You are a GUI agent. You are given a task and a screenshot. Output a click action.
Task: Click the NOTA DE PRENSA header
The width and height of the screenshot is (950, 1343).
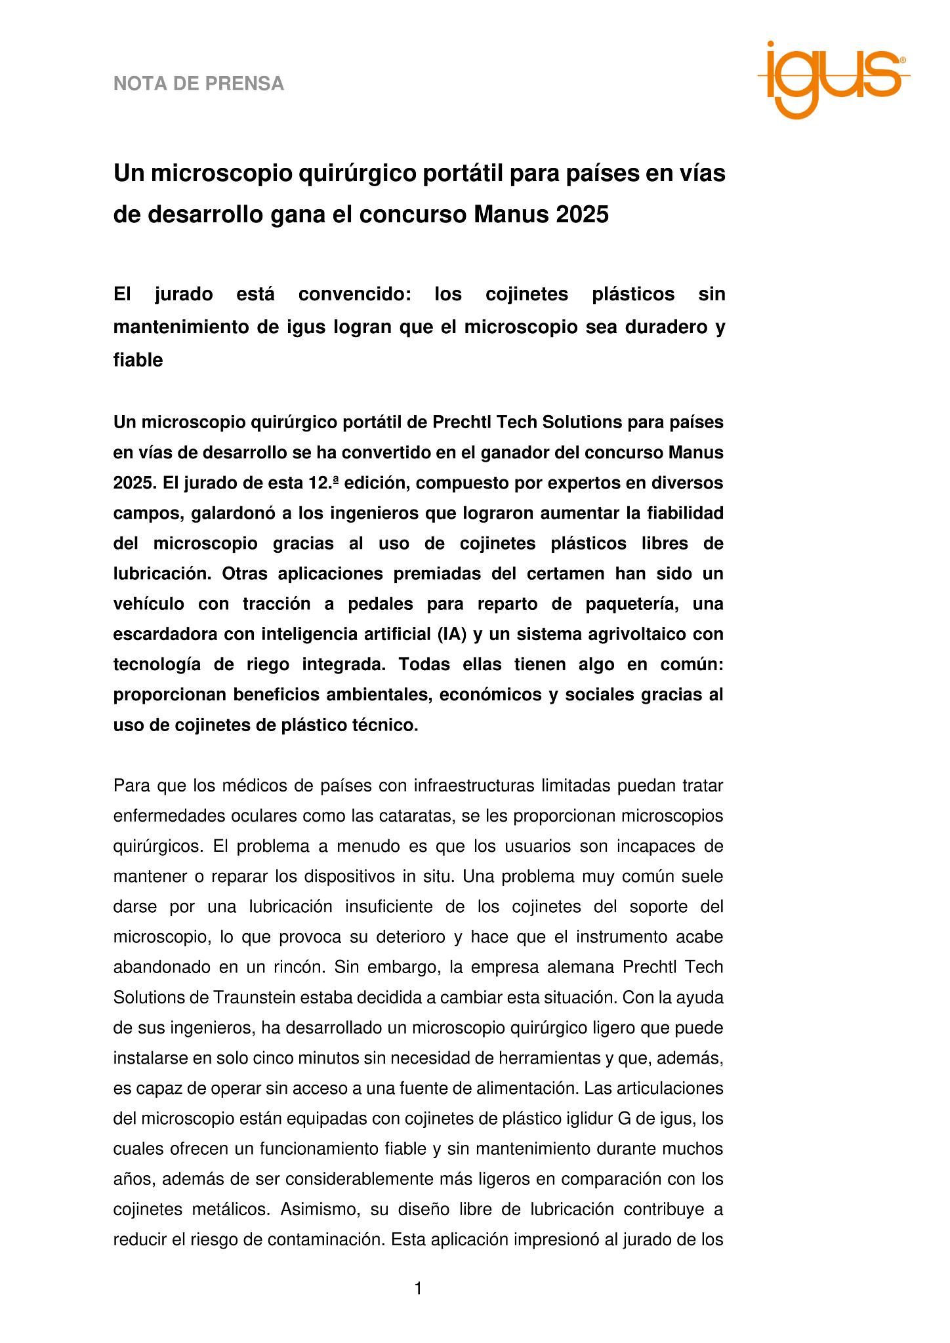pyautogui.click(x=199, y=84)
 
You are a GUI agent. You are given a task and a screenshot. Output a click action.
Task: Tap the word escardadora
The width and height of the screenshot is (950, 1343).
pyautogui.click(x=165, y=634)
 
